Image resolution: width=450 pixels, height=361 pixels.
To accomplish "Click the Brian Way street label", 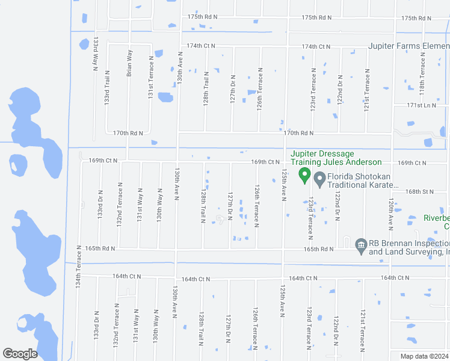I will point(129,63).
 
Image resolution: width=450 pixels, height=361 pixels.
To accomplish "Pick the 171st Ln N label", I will point(421,105).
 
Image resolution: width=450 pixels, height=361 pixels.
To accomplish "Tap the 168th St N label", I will point(419,191).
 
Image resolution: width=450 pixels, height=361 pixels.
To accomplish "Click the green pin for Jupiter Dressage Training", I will point(304,176).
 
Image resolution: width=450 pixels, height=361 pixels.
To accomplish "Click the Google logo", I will point(20,354).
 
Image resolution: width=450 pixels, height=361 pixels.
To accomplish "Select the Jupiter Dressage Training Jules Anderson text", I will point(336,158).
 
